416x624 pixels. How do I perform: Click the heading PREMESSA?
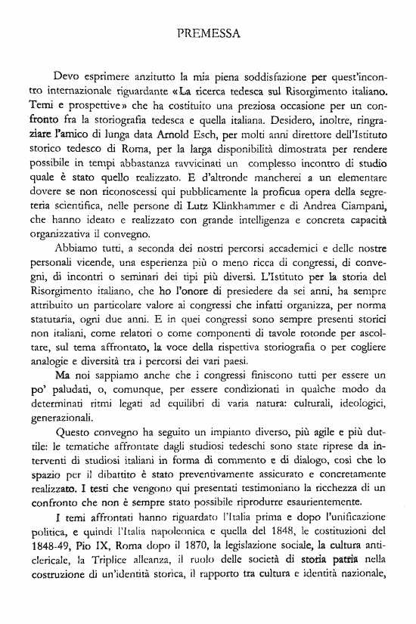click(x=208, y=34)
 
